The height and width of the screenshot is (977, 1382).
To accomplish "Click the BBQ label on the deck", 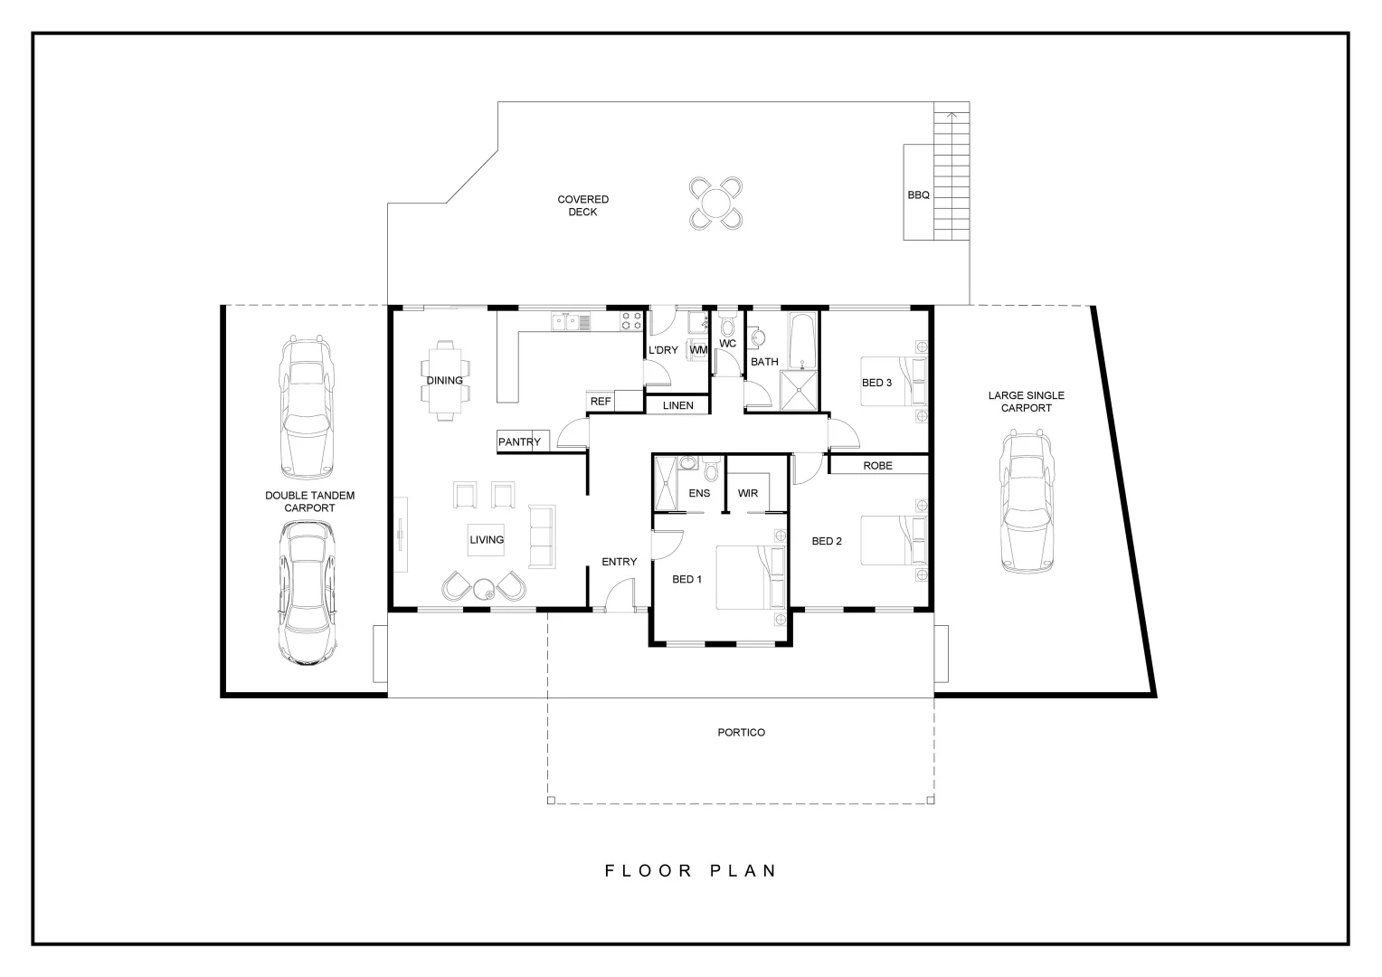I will click(x=918, y=194).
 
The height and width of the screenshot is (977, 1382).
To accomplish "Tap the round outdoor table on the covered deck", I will click(x=715, y=204).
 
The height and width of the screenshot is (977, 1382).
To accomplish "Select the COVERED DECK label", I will click(x=582, y=205).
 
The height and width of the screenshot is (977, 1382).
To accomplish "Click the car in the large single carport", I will click(x=1027, y=501).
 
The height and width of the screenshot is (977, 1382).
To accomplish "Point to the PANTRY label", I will click(x=519, y=441).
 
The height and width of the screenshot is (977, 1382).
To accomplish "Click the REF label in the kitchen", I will click(x=601, y=401).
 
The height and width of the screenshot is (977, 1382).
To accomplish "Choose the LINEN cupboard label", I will click(x=677, y=405).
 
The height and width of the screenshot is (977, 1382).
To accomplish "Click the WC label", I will click(x=728, y=344).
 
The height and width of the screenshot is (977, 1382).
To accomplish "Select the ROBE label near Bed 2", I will click(x=877, y=465).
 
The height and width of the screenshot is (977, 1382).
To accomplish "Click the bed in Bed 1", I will click(x=751, y=577).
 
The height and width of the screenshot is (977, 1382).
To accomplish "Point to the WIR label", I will click(x=748, y=493).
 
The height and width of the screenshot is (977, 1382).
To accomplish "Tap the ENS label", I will click(x=699, y=493).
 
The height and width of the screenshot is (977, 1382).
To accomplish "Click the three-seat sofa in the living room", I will click(x=544, y=536).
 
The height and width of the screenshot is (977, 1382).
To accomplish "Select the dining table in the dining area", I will click(x=444, y=380).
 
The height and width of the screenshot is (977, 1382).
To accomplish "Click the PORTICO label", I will click(x=741, y=732).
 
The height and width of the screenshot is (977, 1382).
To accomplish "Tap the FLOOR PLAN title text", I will click(x=690, y=870).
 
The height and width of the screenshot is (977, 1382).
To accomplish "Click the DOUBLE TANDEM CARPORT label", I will click(x=309, y=501).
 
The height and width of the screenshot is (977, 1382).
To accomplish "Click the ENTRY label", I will click(x=619, y=562).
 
